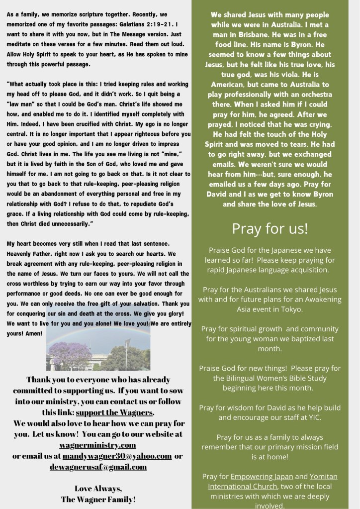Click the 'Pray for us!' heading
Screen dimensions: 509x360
pyautogui.click(x=270, y=228)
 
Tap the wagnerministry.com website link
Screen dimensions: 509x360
pyautogui.click(x=97, y=445)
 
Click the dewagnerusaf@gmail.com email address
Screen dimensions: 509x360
pyautogui.click(x=98, y=467)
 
